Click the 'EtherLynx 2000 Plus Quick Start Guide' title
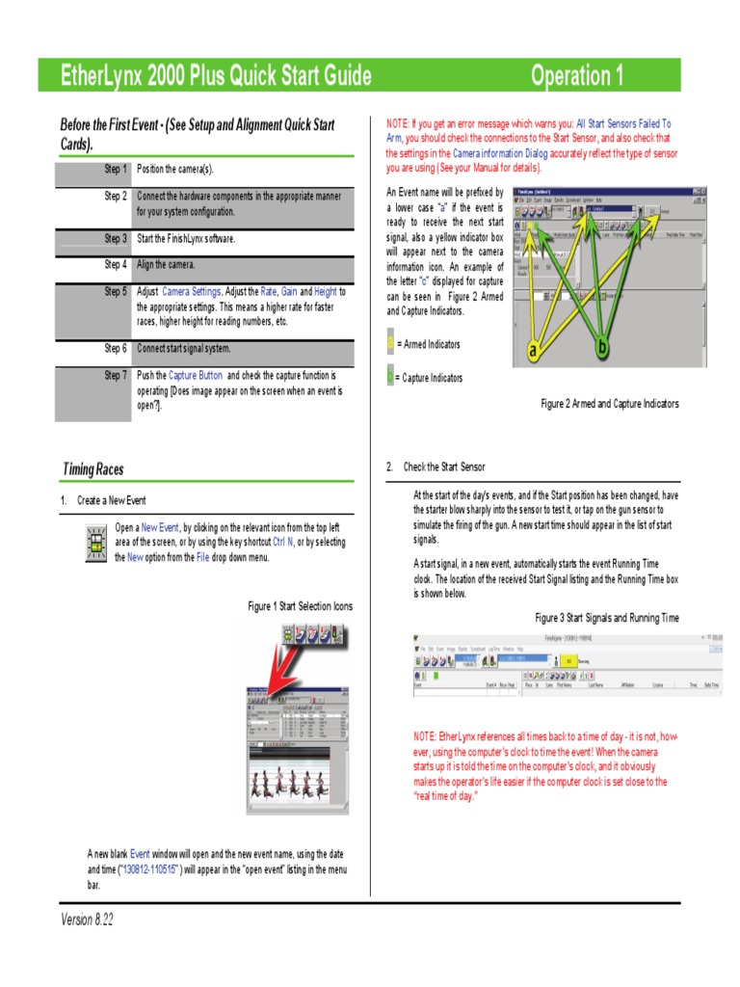click(x=216, y=76)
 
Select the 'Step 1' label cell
click(x=93, y=171)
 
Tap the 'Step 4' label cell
click(x=93, y=265)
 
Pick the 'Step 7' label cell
click(x=93, y=376)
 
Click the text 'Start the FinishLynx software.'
click(x=186, y=239)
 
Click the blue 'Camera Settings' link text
click(x=191, y=291)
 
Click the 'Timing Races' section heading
click(x=92, y=469)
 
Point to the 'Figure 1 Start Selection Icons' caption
click(x=300, y=606)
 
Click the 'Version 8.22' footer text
click(x=87, y=920)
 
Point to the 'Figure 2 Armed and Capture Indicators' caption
click(x=609, y=404)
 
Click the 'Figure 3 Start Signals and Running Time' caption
click(x=607, y=618)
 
